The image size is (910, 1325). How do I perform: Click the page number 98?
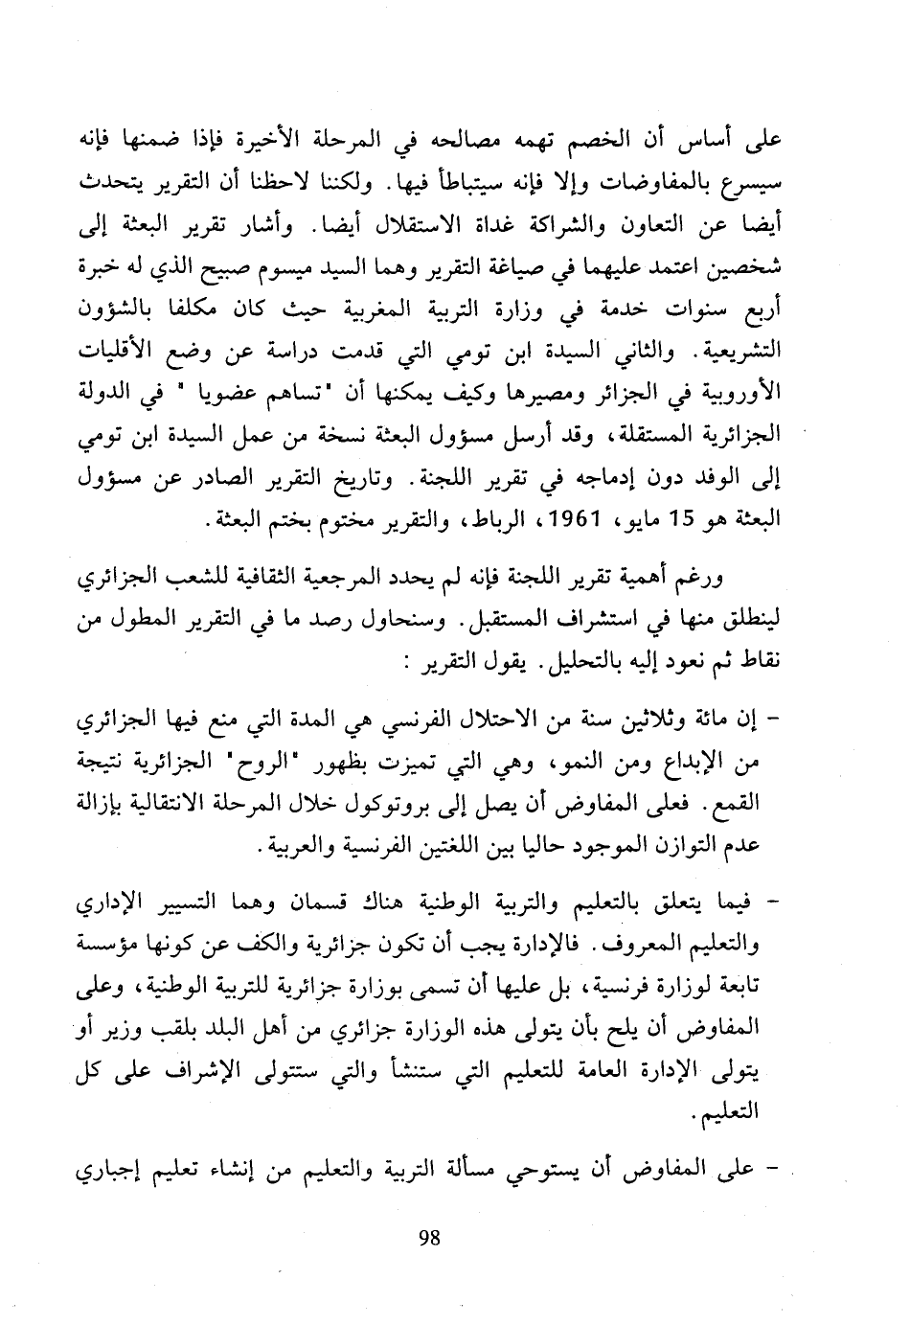click(429, 1237)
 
